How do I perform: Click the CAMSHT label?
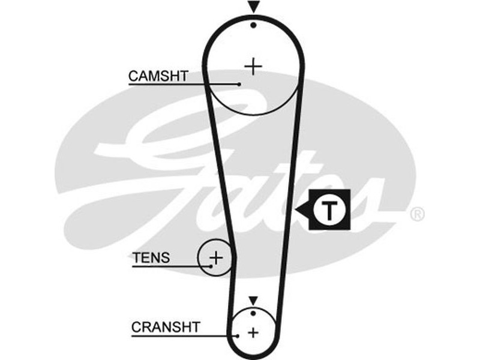[x=158, y=76]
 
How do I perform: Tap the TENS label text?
[x=151, y=258]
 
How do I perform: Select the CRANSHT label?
[x=165, y=327]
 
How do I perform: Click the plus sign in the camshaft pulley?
[x=254, y=65]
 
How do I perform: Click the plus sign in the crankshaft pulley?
[x=253, y=331]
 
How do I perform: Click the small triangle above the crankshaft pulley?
[x=253, y=299]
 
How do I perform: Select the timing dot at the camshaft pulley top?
[x=254, y=25]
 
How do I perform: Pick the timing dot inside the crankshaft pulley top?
[x=253, y=313]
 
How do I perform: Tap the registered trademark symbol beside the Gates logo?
[x=417, y=214]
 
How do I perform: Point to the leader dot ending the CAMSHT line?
[x=239, y=84]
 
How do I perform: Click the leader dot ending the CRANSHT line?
[x=238, y=335]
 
